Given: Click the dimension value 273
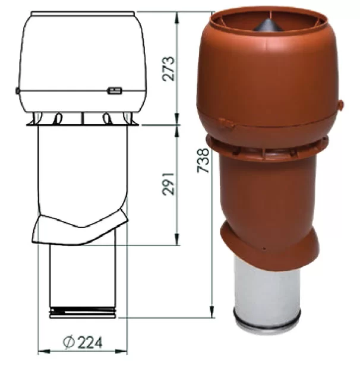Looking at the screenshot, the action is [168, 68].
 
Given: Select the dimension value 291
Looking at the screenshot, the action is [168, 184].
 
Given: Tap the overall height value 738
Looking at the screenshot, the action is [203, 160].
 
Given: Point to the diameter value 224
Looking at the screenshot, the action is [90, 343].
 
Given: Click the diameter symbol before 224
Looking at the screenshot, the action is [69, 342].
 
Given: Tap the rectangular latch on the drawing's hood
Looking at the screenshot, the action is [115, 90].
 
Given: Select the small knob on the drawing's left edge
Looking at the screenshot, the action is [17, 90].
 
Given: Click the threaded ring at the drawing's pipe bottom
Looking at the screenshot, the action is [83, 313].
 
